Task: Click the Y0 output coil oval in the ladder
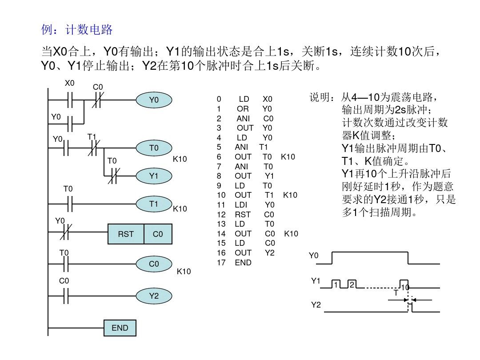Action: pyautogui.click(x=154, y=100)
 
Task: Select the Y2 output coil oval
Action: pyautogui.click(x=154, y=295)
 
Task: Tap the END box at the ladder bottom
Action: pyautogui.click(x=120, y=328)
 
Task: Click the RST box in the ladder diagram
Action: pyautogui.click(x=126, y=234)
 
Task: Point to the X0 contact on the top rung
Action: pyautogui.click(x=69, y=100)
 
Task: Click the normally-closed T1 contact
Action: pyautogui.click(x=94, y=148)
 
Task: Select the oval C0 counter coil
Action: pyautogui.click(x=154, y=264)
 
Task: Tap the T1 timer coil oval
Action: pyautogui.click(x=154, y=204)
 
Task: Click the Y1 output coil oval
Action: pyautogui.click(x=154, y=176)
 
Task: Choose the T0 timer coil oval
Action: pyautogui.click(x=154, y=148)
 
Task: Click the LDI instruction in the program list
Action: pyautogui.click(x=242, y=205)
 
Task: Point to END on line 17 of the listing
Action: pyautogui.click(x=243, y=263)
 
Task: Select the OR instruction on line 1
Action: pyautogui.click(x=243, y=108)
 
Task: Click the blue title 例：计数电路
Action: pyautogui.click(x=77, y=30)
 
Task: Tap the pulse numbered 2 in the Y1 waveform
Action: pyautogui.click(x=352, y=284)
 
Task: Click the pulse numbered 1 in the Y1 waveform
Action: pyautogui.click(x=336, y=284)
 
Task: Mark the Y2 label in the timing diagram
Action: pyautogui.click(x=315, y=305)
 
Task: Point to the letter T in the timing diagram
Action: pyautogui.click(x=396, y=293)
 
